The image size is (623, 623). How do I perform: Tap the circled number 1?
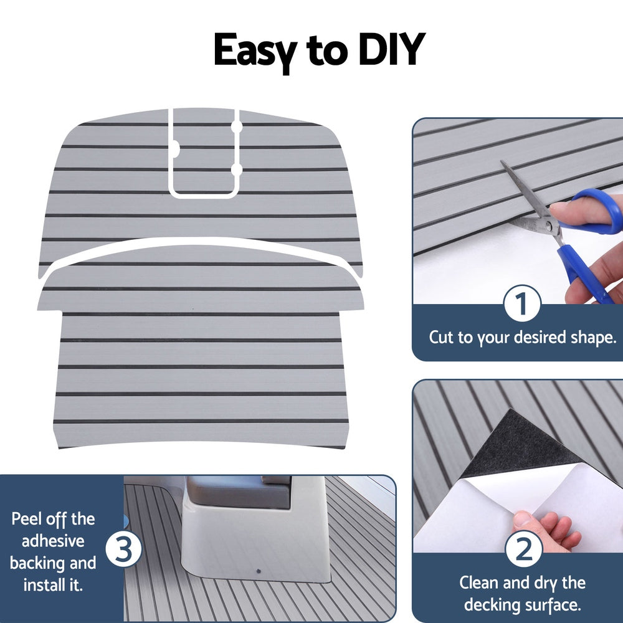(521, 305)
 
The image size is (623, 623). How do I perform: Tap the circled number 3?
(123, 549)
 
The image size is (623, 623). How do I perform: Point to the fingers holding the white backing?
(548, 530)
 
